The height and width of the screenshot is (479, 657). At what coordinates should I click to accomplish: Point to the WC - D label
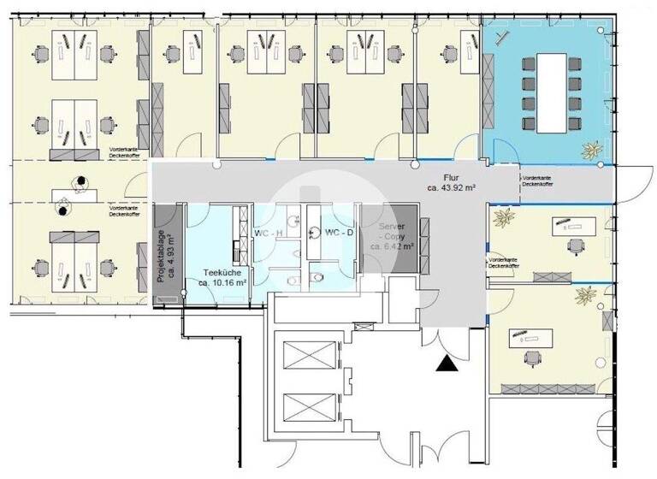339,232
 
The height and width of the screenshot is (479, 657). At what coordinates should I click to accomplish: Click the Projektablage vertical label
161,253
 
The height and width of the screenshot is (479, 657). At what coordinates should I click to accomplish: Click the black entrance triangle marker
446,364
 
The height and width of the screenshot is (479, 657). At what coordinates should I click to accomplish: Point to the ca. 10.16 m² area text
222,281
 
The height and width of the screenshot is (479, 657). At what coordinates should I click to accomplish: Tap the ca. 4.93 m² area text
170,253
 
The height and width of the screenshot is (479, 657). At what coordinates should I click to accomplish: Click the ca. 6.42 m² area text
392,245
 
